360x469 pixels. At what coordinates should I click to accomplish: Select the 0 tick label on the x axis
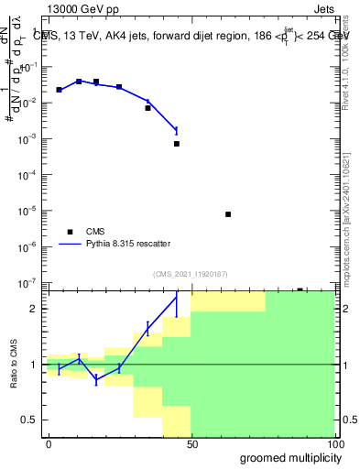click(x=48, y=444)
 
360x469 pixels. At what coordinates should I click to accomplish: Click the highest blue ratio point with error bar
click(x=177, y=296)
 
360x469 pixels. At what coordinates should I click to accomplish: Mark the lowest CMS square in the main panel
click(x=300, y=289)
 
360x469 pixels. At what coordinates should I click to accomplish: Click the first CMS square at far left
click(x=59, y=90)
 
